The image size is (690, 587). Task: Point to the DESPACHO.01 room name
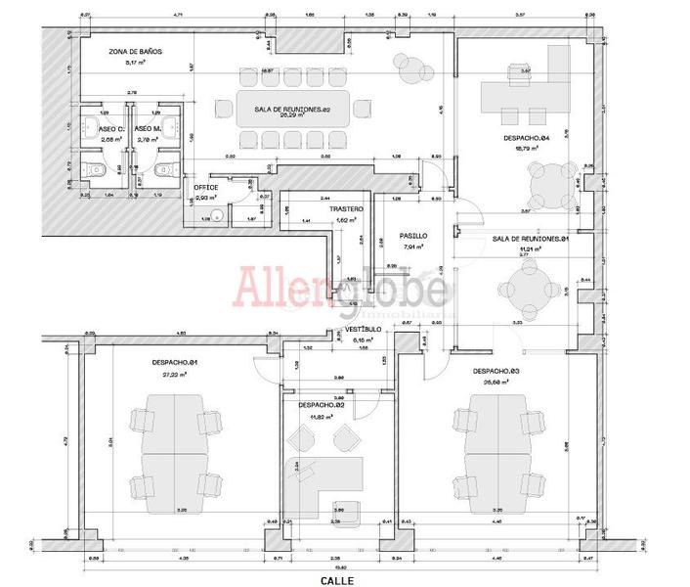click(x=176, y=363)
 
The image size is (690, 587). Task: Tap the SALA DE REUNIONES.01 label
click(x=531, y=239)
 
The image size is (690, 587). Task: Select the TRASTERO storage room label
click(x=346, y=210)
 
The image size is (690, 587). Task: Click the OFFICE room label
click(x=205, y=187)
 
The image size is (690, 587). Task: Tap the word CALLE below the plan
click(x=335, y=579)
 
